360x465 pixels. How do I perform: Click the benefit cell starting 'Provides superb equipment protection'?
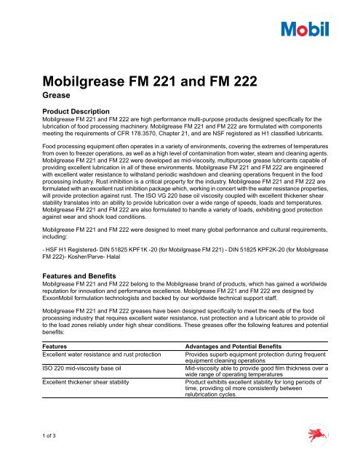click(x=260, y=360)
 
